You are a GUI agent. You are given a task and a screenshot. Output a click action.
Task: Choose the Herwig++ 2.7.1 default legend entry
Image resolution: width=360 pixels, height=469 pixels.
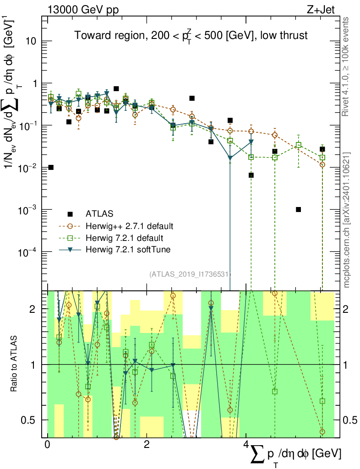[129, 226]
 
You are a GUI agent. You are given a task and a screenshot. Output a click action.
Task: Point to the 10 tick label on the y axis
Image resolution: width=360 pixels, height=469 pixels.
[30, 41]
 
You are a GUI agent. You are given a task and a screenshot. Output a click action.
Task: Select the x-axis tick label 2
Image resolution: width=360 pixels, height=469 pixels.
[147, 445]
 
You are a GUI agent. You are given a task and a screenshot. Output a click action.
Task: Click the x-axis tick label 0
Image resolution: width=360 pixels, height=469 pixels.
[47, 445]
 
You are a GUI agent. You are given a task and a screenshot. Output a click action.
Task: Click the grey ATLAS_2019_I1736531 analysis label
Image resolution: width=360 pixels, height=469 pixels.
[190, 274]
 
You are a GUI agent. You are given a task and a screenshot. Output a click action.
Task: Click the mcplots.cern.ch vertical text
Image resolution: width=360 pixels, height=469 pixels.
[347, 220]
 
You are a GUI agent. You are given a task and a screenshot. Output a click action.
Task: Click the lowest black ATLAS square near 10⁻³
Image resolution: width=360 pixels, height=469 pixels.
[299, 209]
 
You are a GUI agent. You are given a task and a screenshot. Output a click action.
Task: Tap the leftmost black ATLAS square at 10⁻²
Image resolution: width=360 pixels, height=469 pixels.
[51, 167]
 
